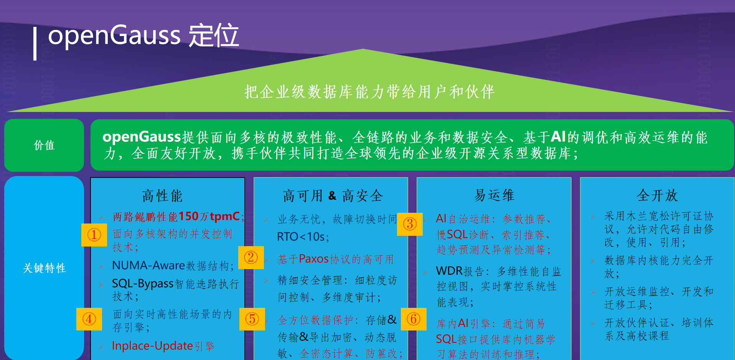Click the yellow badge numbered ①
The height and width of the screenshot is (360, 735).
(x=94, y=235)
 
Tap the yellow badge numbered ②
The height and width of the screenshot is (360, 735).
(x=251, y=257)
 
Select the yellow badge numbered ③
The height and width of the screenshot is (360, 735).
(x=410, y=224)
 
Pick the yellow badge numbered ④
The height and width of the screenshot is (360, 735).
(x=89, y=319)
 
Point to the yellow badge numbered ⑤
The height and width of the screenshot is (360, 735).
(x=252, y=319)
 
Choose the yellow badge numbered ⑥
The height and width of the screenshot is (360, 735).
(x=414, y=319)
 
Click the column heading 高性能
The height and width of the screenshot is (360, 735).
(x=162, y=196)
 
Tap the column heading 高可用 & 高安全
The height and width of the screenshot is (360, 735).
(x=333, y=196)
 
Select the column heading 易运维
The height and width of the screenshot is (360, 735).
(x=494, y=195)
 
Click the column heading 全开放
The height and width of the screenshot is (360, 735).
(x=657, y=196)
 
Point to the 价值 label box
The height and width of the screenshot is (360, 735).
(x=44, y=145)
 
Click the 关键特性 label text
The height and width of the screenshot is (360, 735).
(x=44, y=268)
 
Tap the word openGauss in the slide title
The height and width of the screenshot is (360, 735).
(x=114, y=35)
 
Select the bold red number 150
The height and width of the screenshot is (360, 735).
(x=188, y=216)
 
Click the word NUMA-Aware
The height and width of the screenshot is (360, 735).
(x=148, y=265)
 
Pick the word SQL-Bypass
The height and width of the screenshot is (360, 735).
(x=143, y=283)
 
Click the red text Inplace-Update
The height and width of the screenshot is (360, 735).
(x=152, y=346)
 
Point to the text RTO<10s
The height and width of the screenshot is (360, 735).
(x=302, y=237)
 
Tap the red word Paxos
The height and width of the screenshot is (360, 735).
(x=314, y=259)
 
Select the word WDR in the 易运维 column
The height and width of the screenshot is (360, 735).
(x=449, y=271)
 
